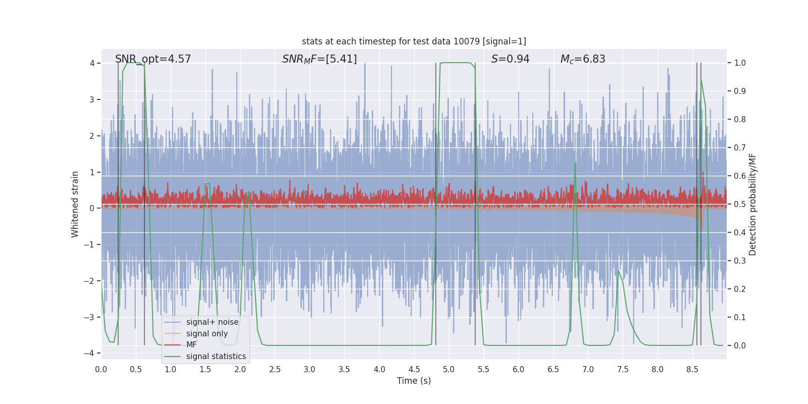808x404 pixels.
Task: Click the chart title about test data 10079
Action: (414, 41)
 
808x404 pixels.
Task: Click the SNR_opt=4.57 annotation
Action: (153, 59)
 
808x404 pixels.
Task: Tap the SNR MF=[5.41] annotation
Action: (319, 59)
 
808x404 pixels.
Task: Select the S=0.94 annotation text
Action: (510, 59)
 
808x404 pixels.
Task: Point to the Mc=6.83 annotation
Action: (583, 59)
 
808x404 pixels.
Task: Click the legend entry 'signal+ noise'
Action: (212, 322)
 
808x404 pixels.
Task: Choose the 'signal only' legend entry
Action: (207, 334)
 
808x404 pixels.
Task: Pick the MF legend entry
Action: (191, 345)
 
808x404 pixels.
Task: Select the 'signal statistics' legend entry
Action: (216, 357)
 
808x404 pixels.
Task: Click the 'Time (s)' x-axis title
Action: (414, 381)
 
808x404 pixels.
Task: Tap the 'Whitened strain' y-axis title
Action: (75, 204)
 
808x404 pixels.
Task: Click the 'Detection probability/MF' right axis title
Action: (752, 204)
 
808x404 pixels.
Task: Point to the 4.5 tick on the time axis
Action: (414, 369)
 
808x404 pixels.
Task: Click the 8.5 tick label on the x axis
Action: (692, 369)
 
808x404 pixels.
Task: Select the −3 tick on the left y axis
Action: (91, 317)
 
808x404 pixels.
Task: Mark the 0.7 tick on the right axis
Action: (740, 147)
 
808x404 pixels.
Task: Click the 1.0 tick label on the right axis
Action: (740, 63)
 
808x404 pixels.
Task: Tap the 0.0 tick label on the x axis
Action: (101, 369)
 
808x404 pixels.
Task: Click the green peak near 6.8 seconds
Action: (575, 163)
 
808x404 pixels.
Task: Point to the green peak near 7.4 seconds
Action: (619, 271)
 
